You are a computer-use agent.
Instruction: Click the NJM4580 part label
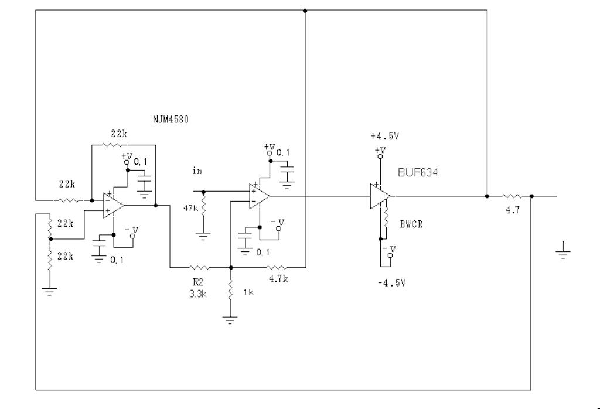click(x=171, y=119)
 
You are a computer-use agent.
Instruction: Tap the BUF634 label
click(x=418, y=172)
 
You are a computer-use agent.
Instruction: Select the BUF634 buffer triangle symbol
click(x=380, y=196)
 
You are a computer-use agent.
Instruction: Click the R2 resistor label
click(x=198, y=282)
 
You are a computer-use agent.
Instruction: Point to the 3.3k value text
click(x=198, y=294)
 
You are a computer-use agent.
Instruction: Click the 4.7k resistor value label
click(x=278, y=279)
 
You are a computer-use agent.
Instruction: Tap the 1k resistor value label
click(x=248, y=292)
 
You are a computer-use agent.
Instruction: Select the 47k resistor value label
click(x=190, y=209)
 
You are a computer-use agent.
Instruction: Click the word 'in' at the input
click(x=197, y=171)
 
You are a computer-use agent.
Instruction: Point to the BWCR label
click(x=411, y=224)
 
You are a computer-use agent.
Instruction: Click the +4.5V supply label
click(x=384, y=136)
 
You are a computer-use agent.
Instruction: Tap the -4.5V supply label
click(x=391, y=283)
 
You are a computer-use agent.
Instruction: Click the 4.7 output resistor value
click(x=512, y=210)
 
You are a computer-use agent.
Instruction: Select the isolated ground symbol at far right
click(x=563, y=251)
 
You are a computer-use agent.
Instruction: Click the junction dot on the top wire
click(x=305, y=11)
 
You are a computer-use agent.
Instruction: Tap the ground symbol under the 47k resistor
click(x=203, y=236)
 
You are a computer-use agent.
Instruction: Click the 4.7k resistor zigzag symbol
click(x=277, y=267)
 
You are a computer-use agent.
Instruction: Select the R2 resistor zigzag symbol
click(x=199, y=267)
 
